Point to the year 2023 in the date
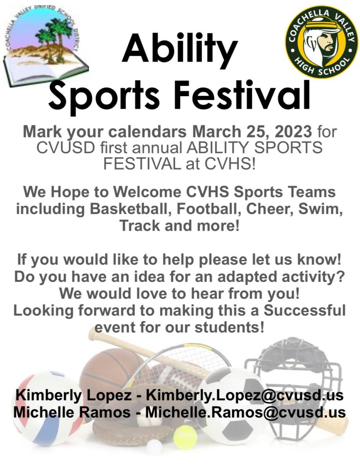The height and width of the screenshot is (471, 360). (x=294, y=131)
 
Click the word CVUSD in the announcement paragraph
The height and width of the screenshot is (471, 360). (x=65, y=148)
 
